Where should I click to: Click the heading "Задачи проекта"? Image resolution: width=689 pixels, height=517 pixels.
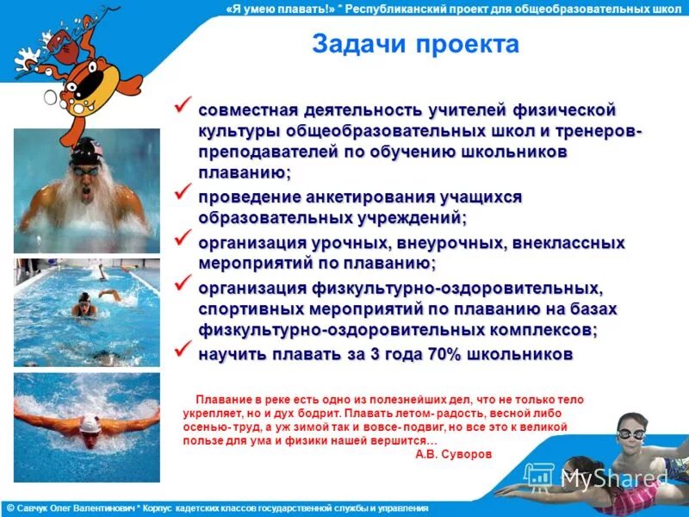pos(415,44)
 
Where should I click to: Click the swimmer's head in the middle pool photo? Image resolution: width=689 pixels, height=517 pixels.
pos(84,301)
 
